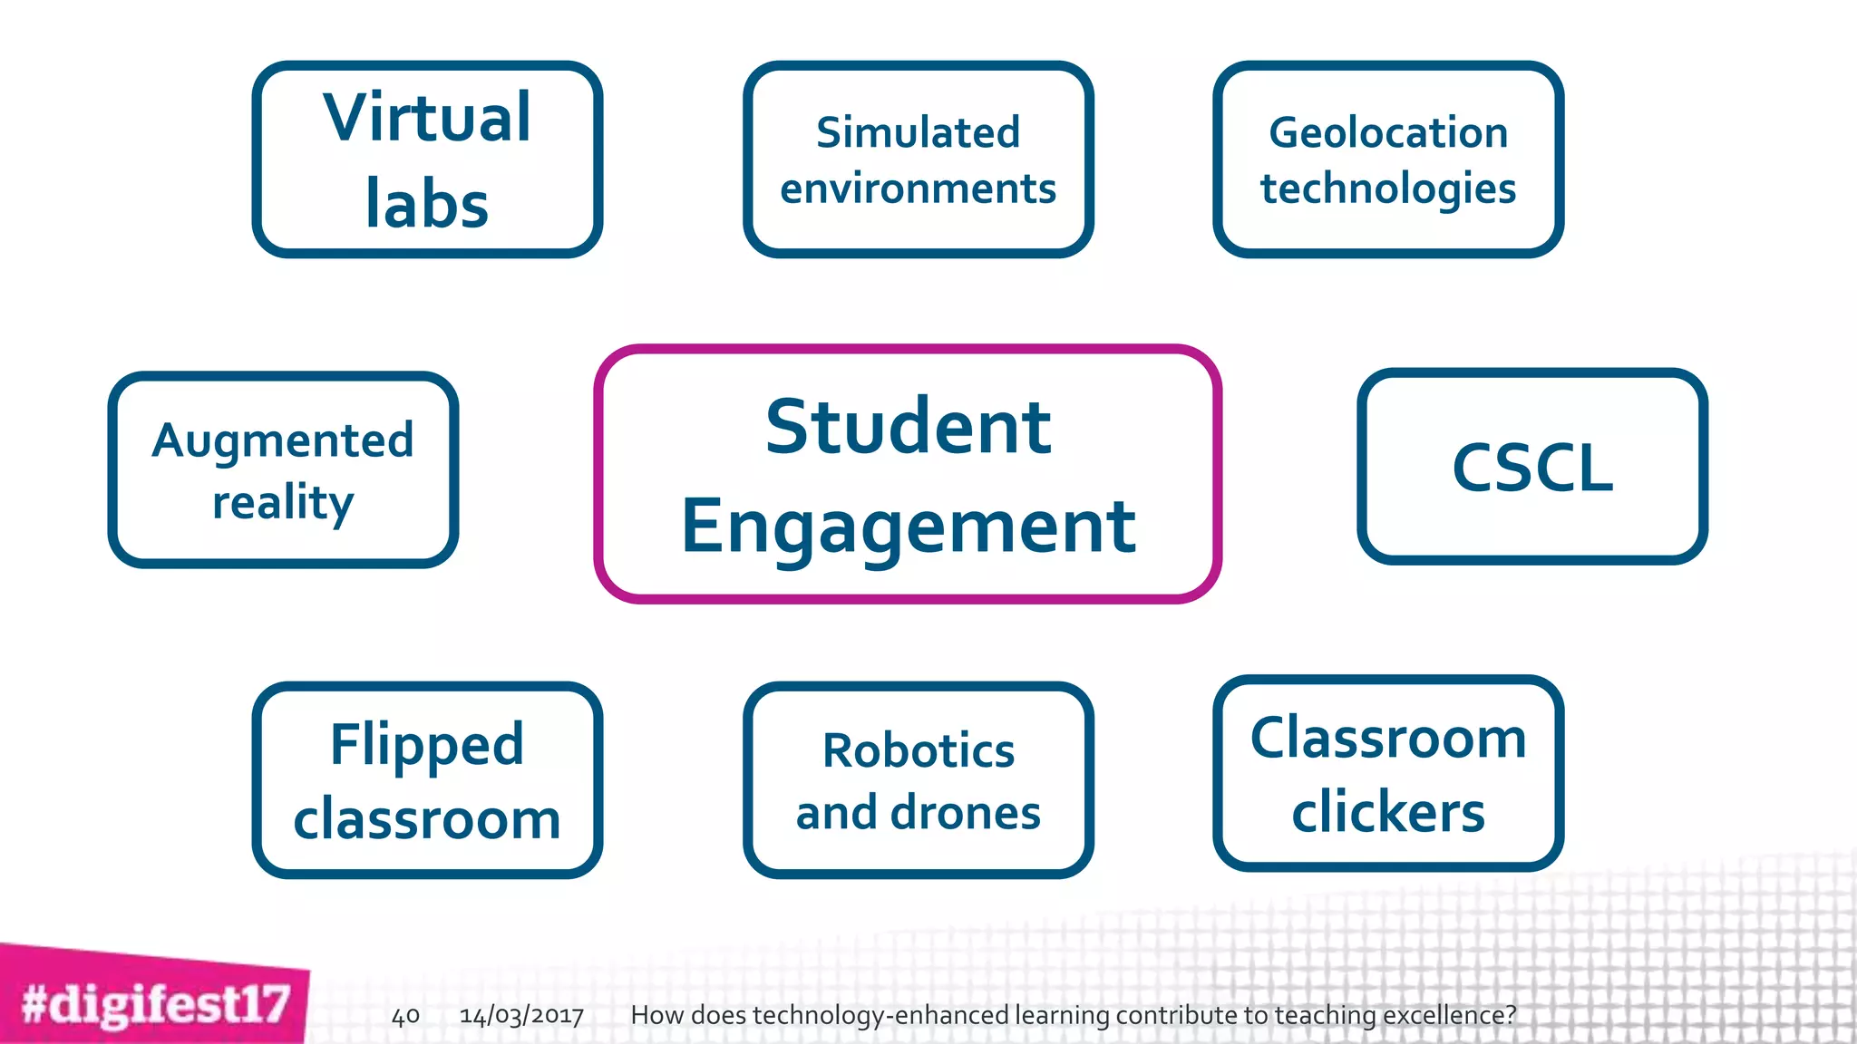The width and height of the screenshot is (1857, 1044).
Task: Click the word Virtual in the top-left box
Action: tap(427, 118)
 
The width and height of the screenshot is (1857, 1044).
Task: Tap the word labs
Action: tap(427, 204)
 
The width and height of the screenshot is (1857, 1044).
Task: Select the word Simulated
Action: tap(918, 132)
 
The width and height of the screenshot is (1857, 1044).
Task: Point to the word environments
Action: tap(918, 188)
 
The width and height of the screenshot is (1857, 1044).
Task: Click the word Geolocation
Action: tap(1388, 132)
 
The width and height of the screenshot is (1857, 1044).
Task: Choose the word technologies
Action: tap(1388, 188)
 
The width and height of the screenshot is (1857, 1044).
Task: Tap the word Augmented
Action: tap(283, 440)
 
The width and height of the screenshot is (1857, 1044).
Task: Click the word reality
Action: tap(283, 501)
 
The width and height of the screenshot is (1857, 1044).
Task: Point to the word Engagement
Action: tap(908, 527)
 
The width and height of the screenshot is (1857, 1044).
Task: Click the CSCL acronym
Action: tap(1532, 468)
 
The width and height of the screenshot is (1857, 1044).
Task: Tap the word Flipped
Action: tap(427, 744)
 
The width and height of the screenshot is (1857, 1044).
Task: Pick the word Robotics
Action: tap(918, 750)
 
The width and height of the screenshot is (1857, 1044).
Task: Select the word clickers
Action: tap(1388, 811)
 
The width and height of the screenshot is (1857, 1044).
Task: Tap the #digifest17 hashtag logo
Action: tap(155, 1004)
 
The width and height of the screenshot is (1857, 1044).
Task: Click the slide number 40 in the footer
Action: tap(405, 1015)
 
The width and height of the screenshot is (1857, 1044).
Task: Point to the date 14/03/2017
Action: tap(521, 1015)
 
